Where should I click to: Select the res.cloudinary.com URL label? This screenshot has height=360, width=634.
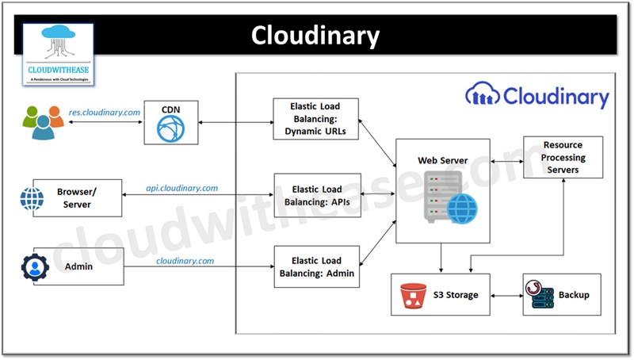pyautogui.click(x=104, y=113)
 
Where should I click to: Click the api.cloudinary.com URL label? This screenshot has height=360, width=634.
pyautogui.click(x=181, y=189)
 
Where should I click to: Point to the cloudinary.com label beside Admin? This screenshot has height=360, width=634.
pyautogui.click(x=185, y=260)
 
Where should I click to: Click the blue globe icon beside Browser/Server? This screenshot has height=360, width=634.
pyautogui.click(x=32, y=198)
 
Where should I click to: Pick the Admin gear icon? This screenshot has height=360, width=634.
pyautogui.click(x=35, y=267)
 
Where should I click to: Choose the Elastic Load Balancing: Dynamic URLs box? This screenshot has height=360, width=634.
pyautogui.click(x=316, y=119)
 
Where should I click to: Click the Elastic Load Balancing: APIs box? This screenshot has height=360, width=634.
pyautogui.click(x=316, y=195)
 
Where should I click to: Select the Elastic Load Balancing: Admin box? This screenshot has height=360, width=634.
pyautogui.click(x=316, y=266)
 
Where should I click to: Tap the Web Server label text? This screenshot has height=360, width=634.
pyautogui.click(x=442, y=161)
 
